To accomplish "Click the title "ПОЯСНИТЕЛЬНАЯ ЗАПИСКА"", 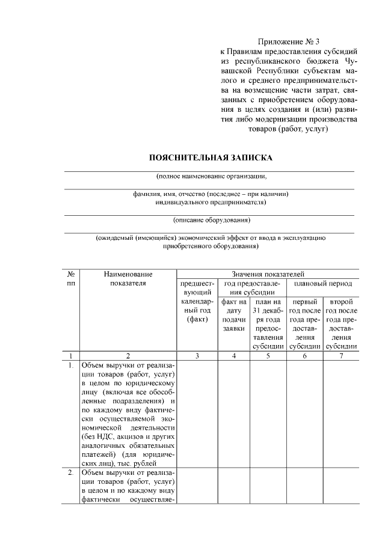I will (x=211, y=157).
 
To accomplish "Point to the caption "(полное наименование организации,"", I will (x=211, y=177).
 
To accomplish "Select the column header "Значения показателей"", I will (x=268, y=274).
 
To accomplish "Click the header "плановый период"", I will (x=322, y=283).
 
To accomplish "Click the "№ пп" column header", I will (x=71, y=278).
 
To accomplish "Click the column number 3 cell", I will (x=197, y=356).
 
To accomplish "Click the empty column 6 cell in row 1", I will (x=304, y=414).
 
